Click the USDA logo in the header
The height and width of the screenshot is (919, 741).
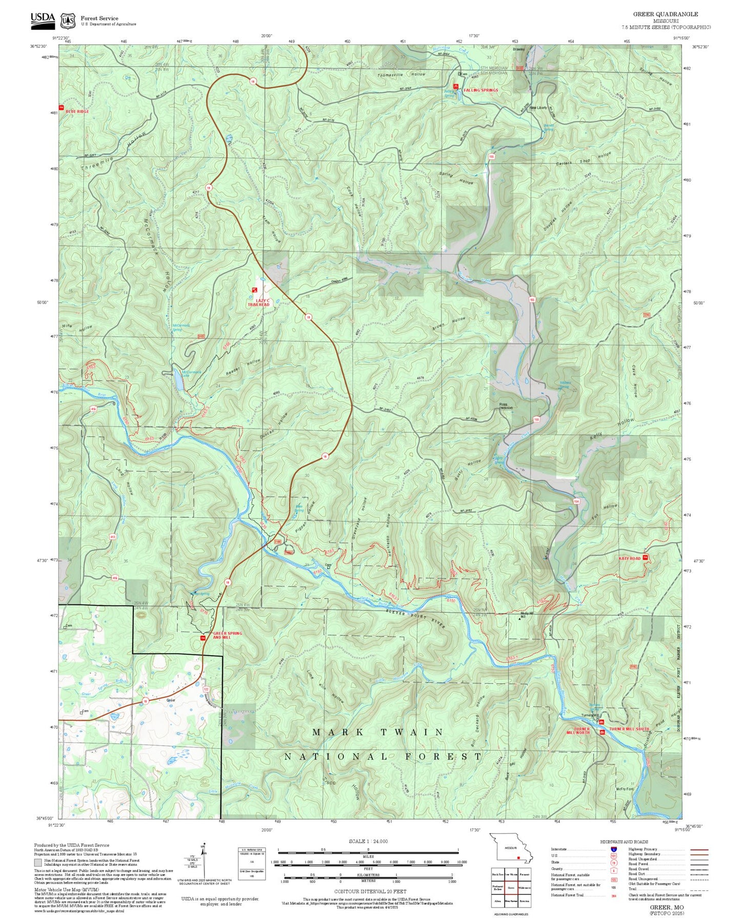pyautogui.click(x=42, y=19)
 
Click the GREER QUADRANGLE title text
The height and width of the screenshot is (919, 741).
pyautogui.click(x=665, y=14)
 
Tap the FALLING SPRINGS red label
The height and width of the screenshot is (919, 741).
pyautogui.click(x=480, y=90)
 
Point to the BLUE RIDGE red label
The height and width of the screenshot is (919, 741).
pyautogui.click(x=77, y=111)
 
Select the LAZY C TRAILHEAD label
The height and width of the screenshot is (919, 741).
pyautogui.click(x=259, y=303)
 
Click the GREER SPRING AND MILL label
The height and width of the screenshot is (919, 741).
pyautogui.click(x=227, y=636)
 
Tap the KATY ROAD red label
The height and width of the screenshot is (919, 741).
pyautogui.click(x=629, y=558)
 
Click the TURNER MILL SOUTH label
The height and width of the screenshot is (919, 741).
pyautogui.click(x=629, y=728)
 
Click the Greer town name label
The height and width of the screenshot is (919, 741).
pyautogui.click(x=171, y=700)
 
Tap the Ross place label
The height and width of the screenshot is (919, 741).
pyautogui.click(x=504, y=405)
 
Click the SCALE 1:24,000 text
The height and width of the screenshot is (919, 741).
pyautogui.click(x=368, y=841)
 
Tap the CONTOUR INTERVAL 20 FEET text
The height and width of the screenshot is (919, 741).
pyautogui.click(x=368, y=891)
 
